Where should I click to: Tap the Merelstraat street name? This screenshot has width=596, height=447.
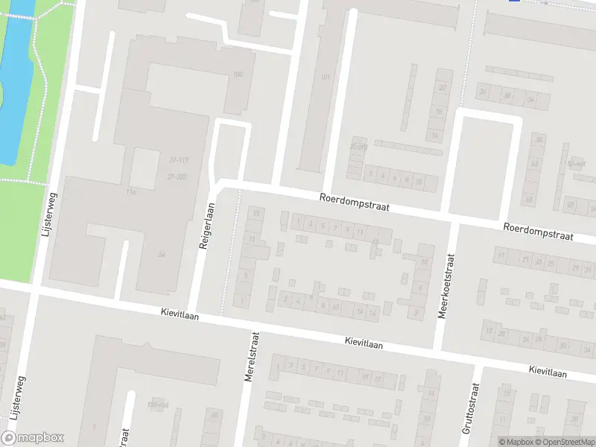[250, 358]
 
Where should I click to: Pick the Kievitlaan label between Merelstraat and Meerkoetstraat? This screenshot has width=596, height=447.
[363, 342]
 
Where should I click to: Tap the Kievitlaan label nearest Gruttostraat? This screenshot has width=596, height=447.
[548, 371]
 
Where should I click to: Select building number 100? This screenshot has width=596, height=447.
[238, 74]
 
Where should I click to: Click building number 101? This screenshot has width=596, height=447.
[325, 77]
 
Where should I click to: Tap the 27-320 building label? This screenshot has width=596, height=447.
[177, 177]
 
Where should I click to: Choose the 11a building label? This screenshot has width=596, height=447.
[133, 192]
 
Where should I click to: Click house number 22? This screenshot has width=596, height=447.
[443, 87]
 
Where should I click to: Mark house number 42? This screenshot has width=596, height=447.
[533, 163]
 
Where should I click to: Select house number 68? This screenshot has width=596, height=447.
[529, 200]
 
